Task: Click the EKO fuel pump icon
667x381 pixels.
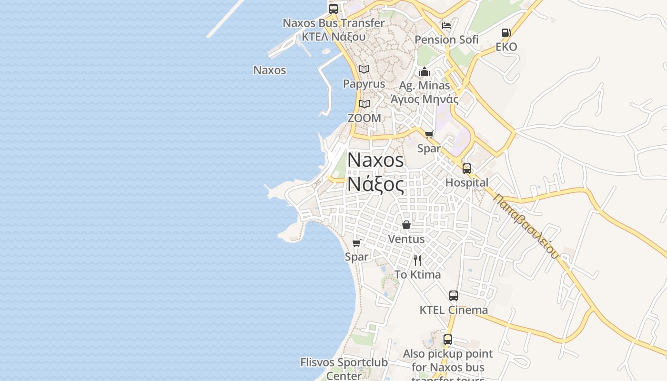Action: click(506, 33)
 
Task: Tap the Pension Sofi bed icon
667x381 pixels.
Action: click(446, 25)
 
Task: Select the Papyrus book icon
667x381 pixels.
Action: click(364, 70)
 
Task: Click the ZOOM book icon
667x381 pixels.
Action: click(364, 104)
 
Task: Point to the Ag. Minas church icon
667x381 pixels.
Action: click(424, 72)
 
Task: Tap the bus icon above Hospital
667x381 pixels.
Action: click(467, 168)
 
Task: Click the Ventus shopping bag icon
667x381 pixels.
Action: click(406, 225)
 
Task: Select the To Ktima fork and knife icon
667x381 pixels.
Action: click(417, 260)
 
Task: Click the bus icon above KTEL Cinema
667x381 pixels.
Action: click(454, 296)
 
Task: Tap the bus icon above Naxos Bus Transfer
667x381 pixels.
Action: click(333, 9)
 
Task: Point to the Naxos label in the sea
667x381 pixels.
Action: click(270, 70)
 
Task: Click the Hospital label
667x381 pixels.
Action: click(467, 182)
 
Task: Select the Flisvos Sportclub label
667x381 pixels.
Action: click(344, 362)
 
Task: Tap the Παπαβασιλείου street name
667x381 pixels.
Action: click(526, 225)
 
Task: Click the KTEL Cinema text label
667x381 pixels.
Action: click(454, 310)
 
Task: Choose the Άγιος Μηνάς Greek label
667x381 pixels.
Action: click(424, 99)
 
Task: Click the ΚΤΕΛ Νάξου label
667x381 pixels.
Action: click(333, 36)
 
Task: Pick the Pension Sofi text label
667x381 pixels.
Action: click(446, 40)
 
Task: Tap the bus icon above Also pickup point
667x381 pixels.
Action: click(448, 340)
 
